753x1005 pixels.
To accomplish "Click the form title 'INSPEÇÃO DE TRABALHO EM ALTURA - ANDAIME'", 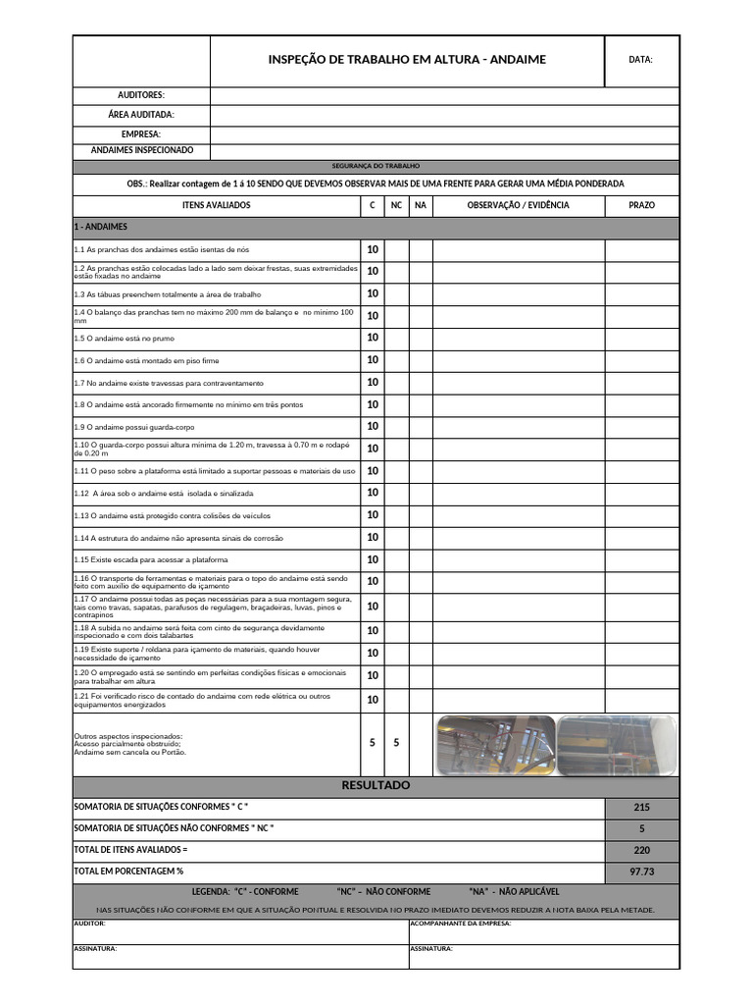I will [x=407, y=60].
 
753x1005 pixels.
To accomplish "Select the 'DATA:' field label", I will [x=640, y=60].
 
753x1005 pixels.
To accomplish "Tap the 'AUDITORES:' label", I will [x=141, y=95].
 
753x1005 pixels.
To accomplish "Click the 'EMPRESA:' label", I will [x=141, y=133].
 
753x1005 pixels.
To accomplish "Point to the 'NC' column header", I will [x=396, y=205].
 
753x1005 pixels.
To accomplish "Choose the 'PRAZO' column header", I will [x=641, y=205].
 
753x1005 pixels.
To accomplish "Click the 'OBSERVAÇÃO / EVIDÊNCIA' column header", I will [x=518, y=205].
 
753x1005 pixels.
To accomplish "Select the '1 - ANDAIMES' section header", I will [x=101, y=227].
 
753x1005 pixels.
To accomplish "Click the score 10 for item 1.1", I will [x=373, y=249].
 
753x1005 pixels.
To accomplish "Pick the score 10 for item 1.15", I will [x=373, y=559].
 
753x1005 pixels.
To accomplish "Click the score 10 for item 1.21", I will [x=373, y=700].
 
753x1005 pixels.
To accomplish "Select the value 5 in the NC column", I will [x=396, y=743].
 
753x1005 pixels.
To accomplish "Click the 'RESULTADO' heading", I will [x=376, y=786].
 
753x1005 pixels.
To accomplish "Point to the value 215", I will [x=641, y=808].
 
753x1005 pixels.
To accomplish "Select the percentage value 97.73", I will [x=641, y=872].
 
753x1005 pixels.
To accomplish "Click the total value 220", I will [x=641, y=850].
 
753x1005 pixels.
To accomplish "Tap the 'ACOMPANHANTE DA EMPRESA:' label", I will [x=460, y=924].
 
